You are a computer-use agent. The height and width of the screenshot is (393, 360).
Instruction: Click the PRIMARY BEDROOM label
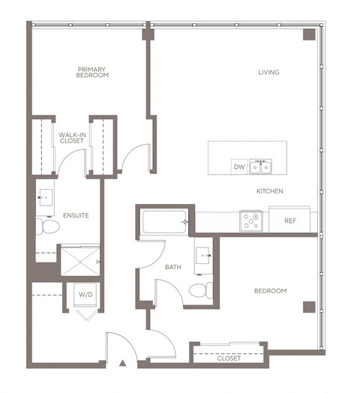93,72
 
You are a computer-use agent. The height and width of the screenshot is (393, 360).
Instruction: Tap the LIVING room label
268,73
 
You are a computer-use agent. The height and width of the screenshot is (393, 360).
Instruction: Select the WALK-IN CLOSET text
72,138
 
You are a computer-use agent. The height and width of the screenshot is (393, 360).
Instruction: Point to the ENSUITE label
76,215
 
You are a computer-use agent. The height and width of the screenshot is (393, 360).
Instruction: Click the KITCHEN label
269,191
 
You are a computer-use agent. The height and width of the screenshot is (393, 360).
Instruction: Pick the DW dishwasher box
239,166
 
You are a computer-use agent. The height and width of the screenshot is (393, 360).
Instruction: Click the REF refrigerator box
292,221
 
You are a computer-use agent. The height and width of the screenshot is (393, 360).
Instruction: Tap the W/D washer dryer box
85,295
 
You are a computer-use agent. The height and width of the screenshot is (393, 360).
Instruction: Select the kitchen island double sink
261,166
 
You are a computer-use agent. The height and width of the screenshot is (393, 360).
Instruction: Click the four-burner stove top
250,221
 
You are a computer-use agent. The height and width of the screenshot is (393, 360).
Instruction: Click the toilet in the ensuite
47,226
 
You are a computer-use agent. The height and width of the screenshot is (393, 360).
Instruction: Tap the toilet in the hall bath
198,289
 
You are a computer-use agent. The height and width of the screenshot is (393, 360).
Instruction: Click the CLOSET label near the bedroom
229,358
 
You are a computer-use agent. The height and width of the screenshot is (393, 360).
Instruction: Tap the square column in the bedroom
308,306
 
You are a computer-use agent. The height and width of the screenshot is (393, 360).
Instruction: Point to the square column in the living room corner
308,35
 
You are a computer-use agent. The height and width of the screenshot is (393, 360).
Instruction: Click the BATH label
172,266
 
